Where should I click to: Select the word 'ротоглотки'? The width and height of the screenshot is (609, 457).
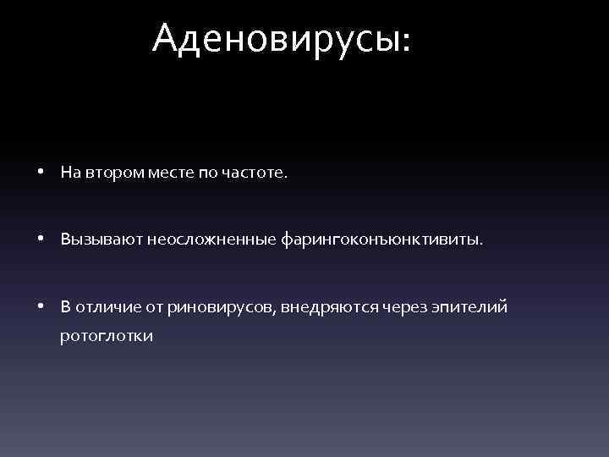[106, 337]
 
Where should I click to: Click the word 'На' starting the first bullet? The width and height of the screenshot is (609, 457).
[69, 173]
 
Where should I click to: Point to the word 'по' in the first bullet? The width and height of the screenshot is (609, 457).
[207, 173]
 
